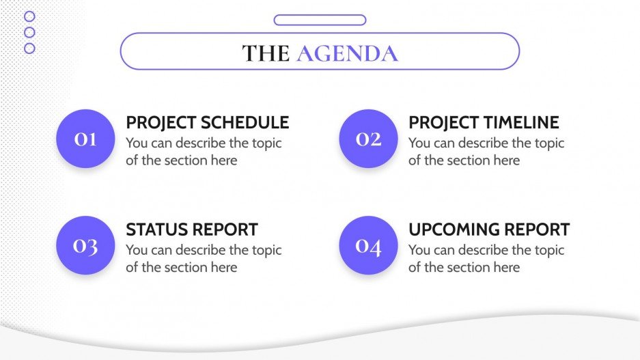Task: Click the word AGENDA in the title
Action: (347, 53)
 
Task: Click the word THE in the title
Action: (266, 53)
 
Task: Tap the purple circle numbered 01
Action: (85, 139)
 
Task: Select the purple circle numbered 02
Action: (368, 139)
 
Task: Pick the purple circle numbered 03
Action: (85, 245)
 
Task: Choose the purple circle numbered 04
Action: (368, 245)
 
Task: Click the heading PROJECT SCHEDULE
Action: (207, 123)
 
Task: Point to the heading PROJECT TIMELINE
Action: (483, 123)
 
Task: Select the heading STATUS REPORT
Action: (191, 230)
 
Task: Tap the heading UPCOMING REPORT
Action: (488, 230)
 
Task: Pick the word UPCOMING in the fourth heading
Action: (454, 230)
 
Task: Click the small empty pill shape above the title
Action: (320, 20)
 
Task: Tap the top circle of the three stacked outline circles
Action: (29, 16)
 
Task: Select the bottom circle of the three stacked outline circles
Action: (29, 48)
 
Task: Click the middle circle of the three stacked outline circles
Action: (29, 32)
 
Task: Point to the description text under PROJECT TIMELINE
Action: (486, 152)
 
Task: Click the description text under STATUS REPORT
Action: (203, 258)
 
